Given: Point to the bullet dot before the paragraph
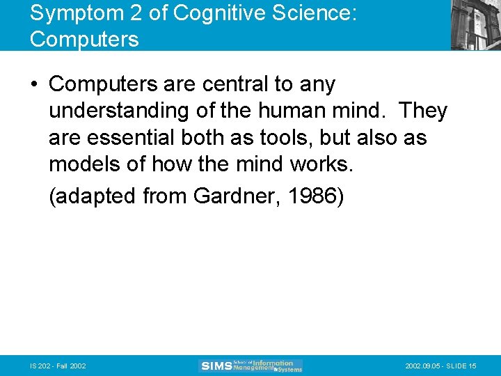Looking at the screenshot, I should click(x=35, y=85).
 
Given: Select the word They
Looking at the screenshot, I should click(x=423, y=111).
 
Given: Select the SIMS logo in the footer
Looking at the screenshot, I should click(x=250, y=366).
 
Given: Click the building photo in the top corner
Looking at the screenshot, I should click(x=475, y=25).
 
